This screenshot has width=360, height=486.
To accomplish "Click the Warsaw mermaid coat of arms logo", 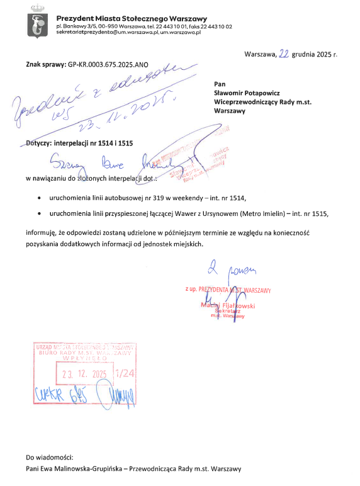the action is pos(37,23).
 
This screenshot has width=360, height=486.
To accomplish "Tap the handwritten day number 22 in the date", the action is pos(284,54).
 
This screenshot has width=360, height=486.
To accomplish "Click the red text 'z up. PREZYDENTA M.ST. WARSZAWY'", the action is pos(228,290).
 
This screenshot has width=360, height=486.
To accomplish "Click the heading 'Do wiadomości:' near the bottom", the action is pos(50,456).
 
